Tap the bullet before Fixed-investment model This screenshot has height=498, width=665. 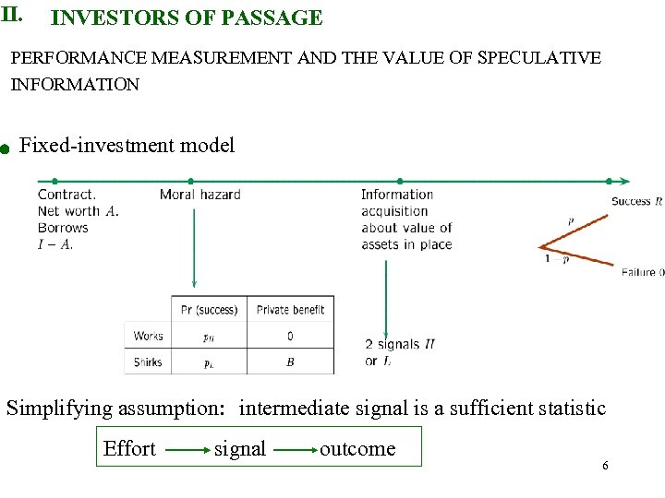click(x=5, y=148)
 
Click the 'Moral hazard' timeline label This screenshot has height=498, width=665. click(x=199, y=195)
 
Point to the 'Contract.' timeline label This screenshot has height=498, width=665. click(x=66, y=195)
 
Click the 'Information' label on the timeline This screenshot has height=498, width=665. click(x=397, y=195)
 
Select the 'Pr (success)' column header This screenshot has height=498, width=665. click(x=210, y=310)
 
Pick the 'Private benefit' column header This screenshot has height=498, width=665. click(x=290, y=310)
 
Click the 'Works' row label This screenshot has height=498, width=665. click(x=148, y=337)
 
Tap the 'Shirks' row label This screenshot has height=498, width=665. click(x=148, y=362)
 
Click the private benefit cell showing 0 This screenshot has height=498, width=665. click(x=290, y=337)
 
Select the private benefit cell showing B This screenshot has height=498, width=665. click(x=290, y=362)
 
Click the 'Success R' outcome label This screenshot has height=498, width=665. click(x=636, y=201)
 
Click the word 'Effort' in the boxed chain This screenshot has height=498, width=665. click(x=129, y=449)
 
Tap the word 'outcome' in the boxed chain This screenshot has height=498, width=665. click(x=357, y=449)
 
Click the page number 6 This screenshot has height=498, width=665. click(x=605, y=466)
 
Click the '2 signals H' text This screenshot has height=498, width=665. click(x=399, y=344)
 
